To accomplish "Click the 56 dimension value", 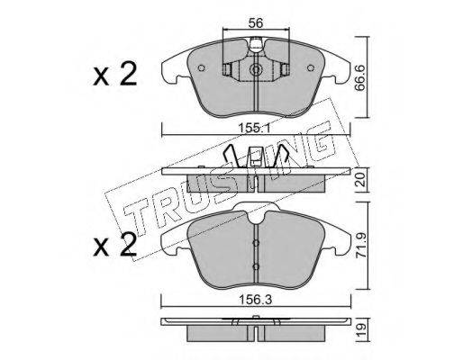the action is (x=256, y=22).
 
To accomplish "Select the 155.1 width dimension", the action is (x=255, y=129).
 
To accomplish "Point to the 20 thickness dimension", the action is (x=362, y=180).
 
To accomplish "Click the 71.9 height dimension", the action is (x=362, y=246).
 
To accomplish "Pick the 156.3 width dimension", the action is (x=256, y=300).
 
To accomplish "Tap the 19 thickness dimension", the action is (x=362, y=330).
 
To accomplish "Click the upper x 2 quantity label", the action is (x=115, y=74).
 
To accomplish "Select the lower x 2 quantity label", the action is (x=115, y=246).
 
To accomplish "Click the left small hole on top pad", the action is (x=202, y=68).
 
